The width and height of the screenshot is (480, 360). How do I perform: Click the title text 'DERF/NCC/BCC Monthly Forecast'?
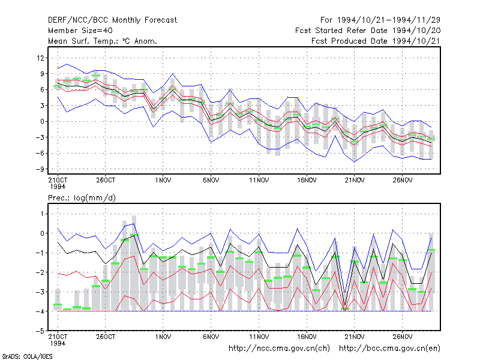coord(112,20)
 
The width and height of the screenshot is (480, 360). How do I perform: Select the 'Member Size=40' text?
coord(80,31)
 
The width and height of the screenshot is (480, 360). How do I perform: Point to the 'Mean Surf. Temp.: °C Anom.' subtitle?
coord(103,41)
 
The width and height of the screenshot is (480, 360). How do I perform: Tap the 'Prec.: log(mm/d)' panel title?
coord(82,198)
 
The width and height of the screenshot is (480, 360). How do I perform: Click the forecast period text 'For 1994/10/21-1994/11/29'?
coord(380,20)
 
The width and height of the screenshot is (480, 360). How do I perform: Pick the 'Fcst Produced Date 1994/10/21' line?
coord(376,41)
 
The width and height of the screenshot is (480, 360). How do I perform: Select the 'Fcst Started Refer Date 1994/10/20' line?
coord(368,31)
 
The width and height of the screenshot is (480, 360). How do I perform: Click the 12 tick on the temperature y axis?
coord(40,58)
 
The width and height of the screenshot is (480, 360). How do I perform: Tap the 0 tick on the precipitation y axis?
coord(42,233)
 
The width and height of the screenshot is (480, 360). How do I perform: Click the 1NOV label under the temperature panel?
coord(163,181)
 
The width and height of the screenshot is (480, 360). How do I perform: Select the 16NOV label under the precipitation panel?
coord(307,337)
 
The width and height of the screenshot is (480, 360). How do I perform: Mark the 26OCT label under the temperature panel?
coord(106,181)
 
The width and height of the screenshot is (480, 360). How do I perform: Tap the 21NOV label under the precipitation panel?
coord(355,337)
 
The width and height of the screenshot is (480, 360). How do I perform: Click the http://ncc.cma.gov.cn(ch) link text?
coord(279,349)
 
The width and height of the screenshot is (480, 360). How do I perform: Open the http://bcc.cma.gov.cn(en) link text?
coord(389,349)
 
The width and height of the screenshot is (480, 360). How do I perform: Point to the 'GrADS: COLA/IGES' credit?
coord(27,356)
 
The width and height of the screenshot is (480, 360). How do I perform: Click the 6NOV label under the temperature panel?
coord(211,181)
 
